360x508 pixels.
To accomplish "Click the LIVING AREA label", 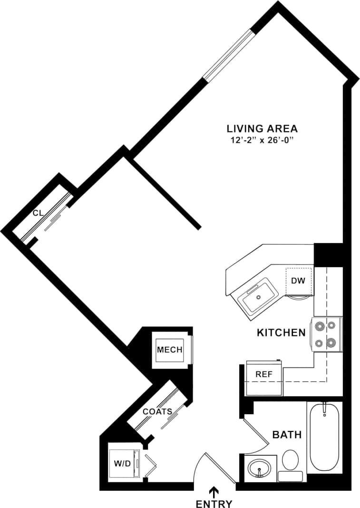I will click(262, 128).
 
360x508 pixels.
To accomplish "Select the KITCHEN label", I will click(281, 332).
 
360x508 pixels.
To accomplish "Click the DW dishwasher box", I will click(298, 281).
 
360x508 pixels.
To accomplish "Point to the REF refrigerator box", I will click(264, 374).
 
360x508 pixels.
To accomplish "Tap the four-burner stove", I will click(327, 334).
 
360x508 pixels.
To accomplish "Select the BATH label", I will click(287, 434).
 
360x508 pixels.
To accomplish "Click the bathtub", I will click(324, 438).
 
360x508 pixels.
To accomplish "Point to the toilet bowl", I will click(290, 460).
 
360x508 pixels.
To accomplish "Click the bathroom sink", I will click(260, 468).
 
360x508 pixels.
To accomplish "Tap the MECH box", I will click(170, 350).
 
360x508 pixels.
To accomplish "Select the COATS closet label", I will click(157, 411).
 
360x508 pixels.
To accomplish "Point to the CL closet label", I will click(38, 213).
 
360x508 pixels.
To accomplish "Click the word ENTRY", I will click(214, 504).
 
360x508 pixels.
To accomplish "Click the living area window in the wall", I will click(227, 55).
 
